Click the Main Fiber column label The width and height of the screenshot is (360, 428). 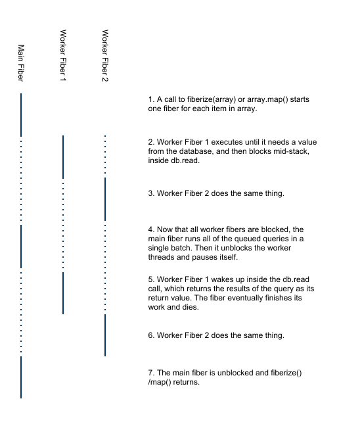coord(21,63)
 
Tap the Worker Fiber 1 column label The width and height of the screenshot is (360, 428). coord(63,55)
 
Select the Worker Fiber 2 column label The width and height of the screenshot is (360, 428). coord(105,56)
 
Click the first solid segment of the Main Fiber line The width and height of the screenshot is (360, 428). coord(21,115)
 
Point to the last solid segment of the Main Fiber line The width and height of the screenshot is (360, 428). coord(21,377)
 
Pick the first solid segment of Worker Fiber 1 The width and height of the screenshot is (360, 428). coord(63,157)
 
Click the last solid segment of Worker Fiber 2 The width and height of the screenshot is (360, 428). coord(105,335)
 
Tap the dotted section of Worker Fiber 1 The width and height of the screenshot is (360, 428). coord(63,226)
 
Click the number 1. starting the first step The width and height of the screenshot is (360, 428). coord(151,99)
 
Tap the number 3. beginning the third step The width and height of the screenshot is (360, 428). coord(151,193)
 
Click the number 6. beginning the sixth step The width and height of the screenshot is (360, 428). coord(151,335)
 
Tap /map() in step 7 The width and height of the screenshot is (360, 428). coord(160,382)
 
